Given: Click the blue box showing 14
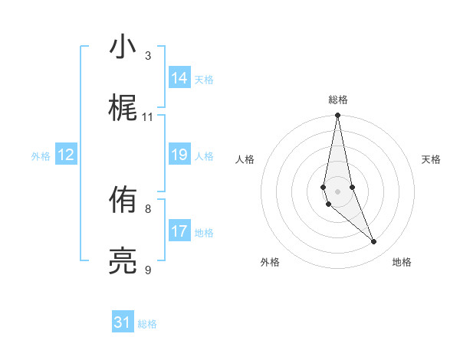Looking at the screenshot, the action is pyautogui.click(x=179, y=78).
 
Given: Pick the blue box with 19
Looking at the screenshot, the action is pyautogui.click(x=179, y=155).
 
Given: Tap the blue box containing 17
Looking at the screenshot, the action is pyautogui.click(x=179, y=231).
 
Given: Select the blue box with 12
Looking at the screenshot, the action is pyautogui.click(x=66, y=155).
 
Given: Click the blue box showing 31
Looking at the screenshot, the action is pyautogui.click(x=123, y=322).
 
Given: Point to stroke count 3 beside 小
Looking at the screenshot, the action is pyautogui.click(x=148, y=56).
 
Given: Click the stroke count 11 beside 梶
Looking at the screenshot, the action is pyautogui.click(x=148, y=117).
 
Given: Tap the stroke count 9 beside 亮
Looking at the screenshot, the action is pyautogui.click(x=148, y=270).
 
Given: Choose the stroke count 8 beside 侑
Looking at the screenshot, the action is pyautogui.click(x=148, y=208).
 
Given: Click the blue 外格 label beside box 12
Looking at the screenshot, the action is pyautogui.click(x=41, y=156).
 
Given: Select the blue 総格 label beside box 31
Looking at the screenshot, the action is pyautogui.click(x=147, y=324).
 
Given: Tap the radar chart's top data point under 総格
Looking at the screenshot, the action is pyautogui.click(x=337, y=116).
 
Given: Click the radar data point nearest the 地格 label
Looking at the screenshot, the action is pyautogui.click(x=374, y=242).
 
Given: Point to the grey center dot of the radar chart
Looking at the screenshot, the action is pyautogui.click(x=337, y=191).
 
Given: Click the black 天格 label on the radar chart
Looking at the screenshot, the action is pyautogui.click(x=432, y=159).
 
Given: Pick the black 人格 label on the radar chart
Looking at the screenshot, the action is pyautogui.click(x=245, y=159).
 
